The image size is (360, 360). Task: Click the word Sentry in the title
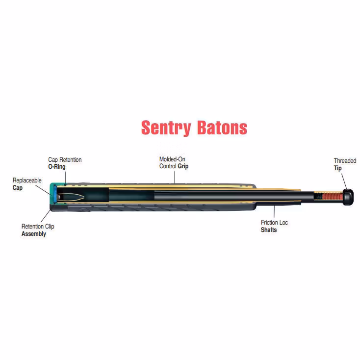(x=166, y=128)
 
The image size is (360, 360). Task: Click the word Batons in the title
(x=222, y=128)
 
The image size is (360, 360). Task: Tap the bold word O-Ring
(x=57, y=167)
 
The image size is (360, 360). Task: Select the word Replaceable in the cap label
(x=27, y=180)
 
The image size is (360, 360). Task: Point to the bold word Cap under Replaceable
(x=18, y=188)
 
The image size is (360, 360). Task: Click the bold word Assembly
(x=34, y=234)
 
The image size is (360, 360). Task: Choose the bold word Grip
(x=183, y=166)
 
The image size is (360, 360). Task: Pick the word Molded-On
(x=172, y=159)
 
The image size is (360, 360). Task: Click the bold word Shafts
(x=269, y=230)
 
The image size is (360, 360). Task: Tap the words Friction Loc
(x=274, y=223)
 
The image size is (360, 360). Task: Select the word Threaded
(x=345, y=161)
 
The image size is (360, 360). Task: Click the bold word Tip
(x=338, y=168)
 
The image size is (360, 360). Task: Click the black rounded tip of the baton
(x=348, y=197)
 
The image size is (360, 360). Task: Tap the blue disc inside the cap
(x=55, y=195)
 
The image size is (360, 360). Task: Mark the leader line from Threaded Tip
(x=344, y=181)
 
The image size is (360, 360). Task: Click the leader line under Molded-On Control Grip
(x=175, y=177)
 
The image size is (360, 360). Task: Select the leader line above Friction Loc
(x=274, y=211)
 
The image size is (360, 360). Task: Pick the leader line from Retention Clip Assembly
(x=46, y=216)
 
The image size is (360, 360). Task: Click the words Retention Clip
(x=38, y=227)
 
